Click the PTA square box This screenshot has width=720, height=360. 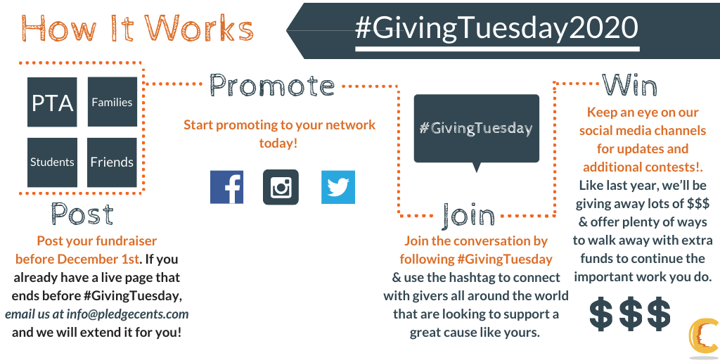click(52, 102)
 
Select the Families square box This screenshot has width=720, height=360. click(112, 102)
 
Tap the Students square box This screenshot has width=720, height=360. click(52, 162)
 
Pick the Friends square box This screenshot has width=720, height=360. click(112, 162)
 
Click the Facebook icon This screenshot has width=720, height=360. click(227, 187)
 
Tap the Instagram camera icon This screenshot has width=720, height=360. click(281, 187)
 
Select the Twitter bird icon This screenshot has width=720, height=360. click(338, 187)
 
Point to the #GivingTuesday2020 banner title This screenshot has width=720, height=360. click(496, 28)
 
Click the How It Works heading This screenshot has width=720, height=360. click(137, 28)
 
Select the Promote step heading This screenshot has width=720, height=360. click(272, 85)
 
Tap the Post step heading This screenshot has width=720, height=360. click(82, 214)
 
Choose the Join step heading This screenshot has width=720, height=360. click(468, 215)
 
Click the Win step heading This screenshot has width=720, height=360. click(629, 84)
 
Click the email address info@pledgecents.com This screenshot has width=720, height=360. click(128, 314)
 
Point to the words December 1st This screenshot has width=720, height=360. click(97, 259)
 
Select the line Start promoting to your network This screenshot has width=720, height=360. click(280, 125)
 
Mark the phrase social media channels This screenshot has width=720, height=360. click(643, 130)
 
